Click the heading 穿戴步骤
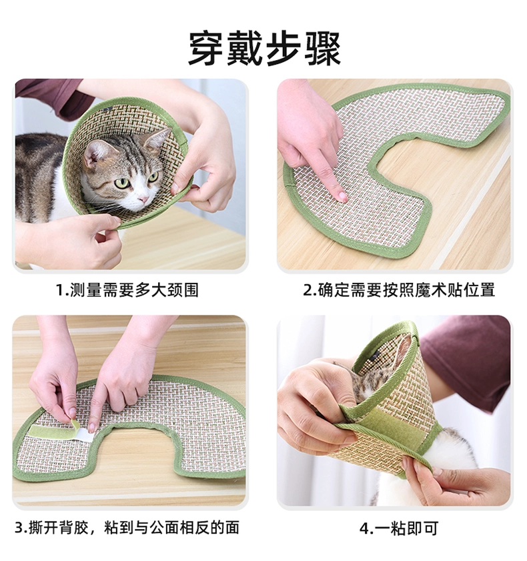pyautogui.click(x=264, y=49)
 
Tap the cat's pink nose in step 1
pyautogui.click(x=143, y=199)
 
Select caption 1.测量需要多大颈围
pyautogui.click(x=127, y=290)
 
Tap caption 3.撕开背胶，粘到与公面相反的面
pyautogui.click(x=127, y=528)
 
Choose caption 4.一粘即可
pyautogui.click(x=398, y=528)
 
